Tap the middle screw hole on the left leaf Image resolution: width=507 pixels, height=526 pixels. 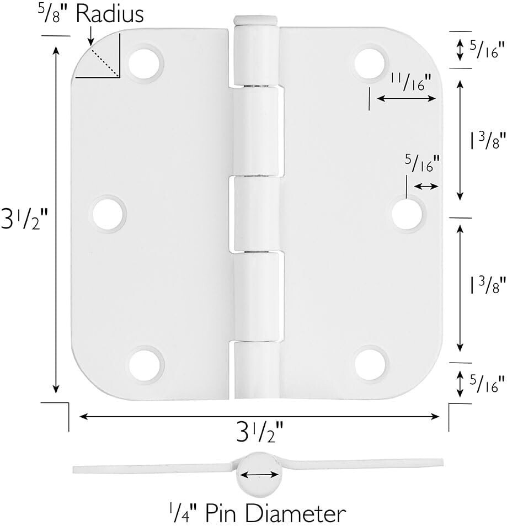[108, 214]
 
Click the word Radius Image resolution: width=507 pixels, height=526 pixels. [110, 14]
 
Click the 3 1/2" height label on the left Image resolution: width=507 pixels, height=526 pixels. [25, 219]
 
